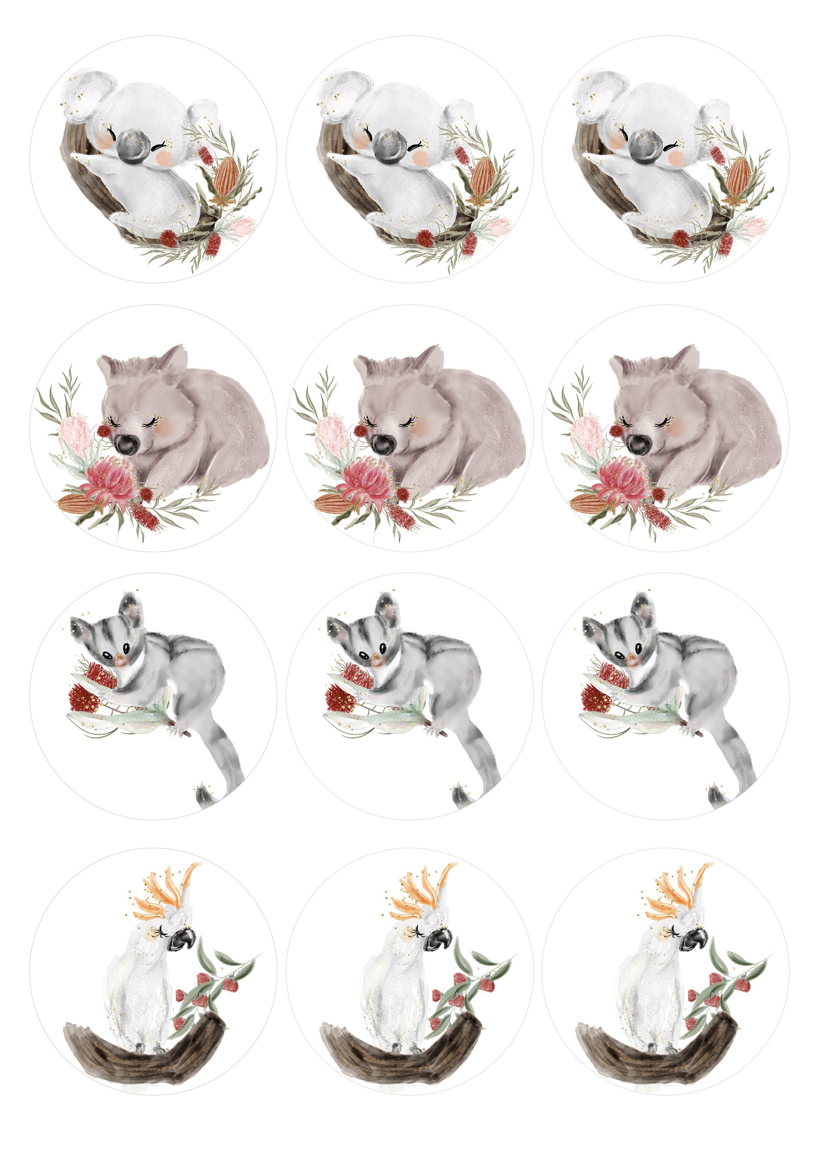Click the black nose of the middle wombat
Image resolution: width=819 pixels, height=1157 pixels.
382,444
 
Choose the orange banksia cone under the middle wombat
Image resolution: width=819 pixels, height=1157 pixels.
330,501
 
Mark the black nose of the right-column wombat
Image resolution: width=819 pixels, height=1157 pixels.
638,444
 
